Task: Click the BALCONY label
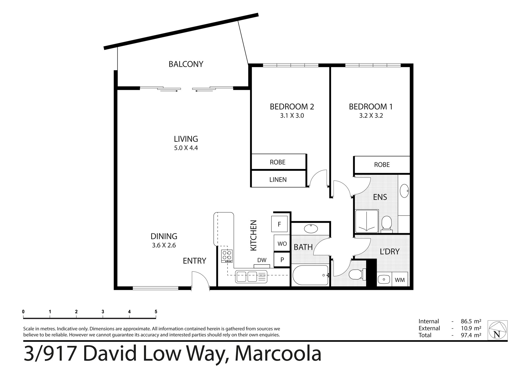click(186, 64)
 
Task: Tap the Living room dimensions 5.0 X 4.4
click(186, 148)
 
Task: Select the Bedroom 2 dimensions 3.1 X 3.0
click(292, 116)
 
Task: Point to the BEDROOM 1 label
click(371, 107)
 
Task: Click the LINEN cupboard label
click(278, 180)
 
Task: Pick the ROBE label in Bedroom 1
click(382, 165)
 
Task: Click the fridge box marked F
click(279, 224)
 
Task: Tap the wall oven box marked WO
click(282, 243)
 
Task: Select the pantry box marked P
click(282, 260)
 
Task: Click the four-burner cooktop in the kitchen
click(227, 256)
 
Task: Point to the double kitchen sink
click(251, 277)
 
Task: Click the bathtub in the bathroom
click(310, 275)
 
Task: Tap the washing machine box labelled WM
click(400, 280)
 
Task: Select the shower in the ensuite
click(367, 221)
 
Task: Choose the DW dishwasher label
click(262, 260)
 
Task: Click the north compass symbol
click(498, 330)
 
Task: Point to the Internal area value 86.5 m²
click(471, 321)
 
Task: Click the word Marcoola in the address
click(278, 354)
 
